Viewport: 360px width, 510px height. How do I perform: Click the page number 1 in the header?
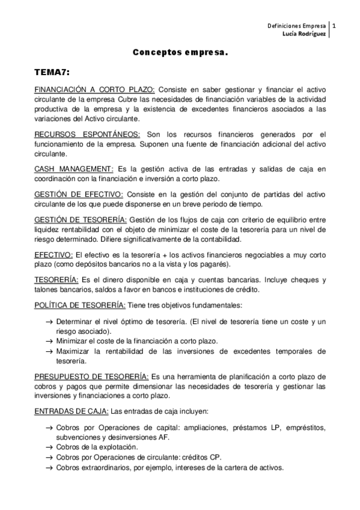[334, 26]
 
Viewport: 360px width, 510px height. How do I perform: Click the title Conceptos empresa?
[180, 54]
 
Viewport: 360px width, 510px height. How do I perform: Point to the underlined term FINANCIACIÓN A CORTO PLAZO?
[94, 90]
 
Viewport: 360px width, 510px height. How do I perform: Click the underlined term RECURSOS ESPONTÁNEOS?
[87, 134]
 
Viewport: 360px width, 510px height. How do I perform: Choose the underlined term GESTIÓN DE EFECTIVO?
[79, 194]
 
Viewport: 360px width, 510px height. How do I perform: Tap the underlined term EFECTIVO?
[53, 255]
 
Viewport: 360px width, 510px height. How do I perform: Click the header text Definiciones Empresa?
[296, 26]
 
